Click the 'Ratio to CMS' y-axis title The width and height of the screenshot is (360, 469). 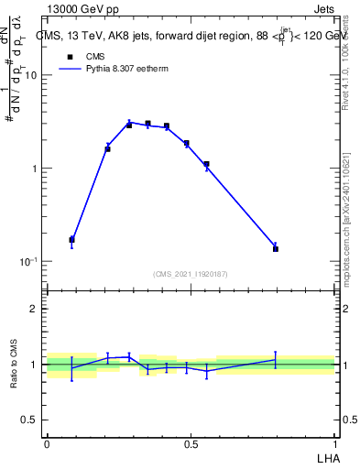15,364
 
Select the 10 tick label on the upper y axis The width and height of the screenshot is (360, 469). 30,76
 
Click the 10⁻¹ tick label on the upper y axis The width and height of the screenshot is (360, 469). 28,262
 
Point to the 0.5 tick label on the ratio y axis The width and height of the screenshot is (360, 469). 30,420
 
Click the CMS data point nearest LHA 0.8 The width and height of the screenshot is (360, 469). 275,248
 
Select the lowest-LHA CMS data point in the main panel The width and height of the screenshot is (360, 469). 71,239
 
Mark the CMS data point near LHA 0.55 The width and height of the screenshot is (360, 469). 206,164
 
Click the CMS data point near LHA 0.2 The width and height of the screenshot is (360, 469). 107,148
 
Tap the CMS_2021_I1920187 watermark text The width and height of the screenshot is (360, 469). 190,273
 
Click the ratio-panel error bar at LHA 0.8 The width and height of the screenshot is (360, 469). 275,361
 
